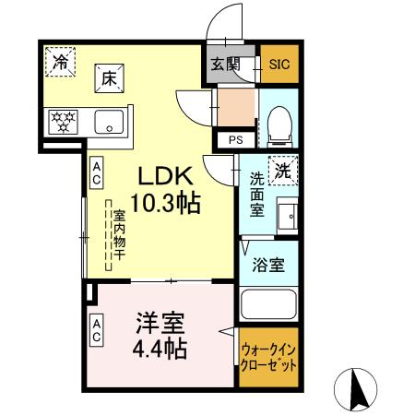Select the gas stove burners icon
click(x=65, y=120)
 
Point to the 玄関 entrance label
click(x=224, y=64)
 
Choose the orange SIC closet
click(x=279, y=65)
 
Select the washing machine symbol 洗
click(x=285, y=171)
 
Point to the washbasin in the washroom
click(x=288, y=217)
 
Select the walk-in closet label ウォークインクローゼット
click(x=268, y=358)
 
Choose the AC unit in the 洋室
click(x=96, y=330)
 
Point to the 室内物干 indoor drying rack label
click(x=118, y=239)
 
